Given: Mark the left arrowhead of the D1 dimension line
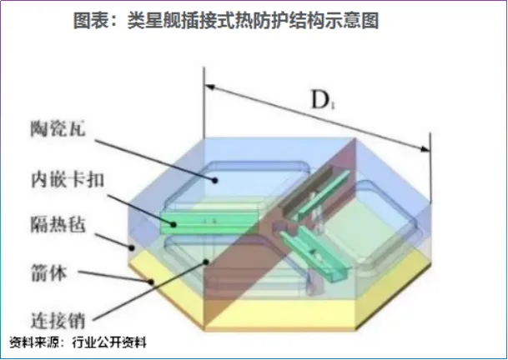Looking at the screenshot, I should tap(210, 85).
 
